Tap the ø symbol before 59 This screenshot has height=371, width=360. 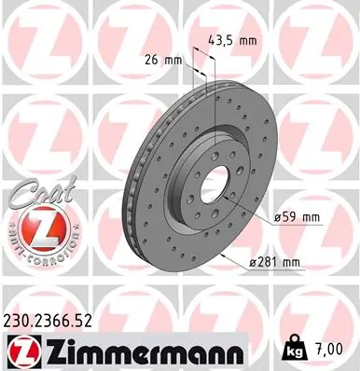point(279,217)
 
